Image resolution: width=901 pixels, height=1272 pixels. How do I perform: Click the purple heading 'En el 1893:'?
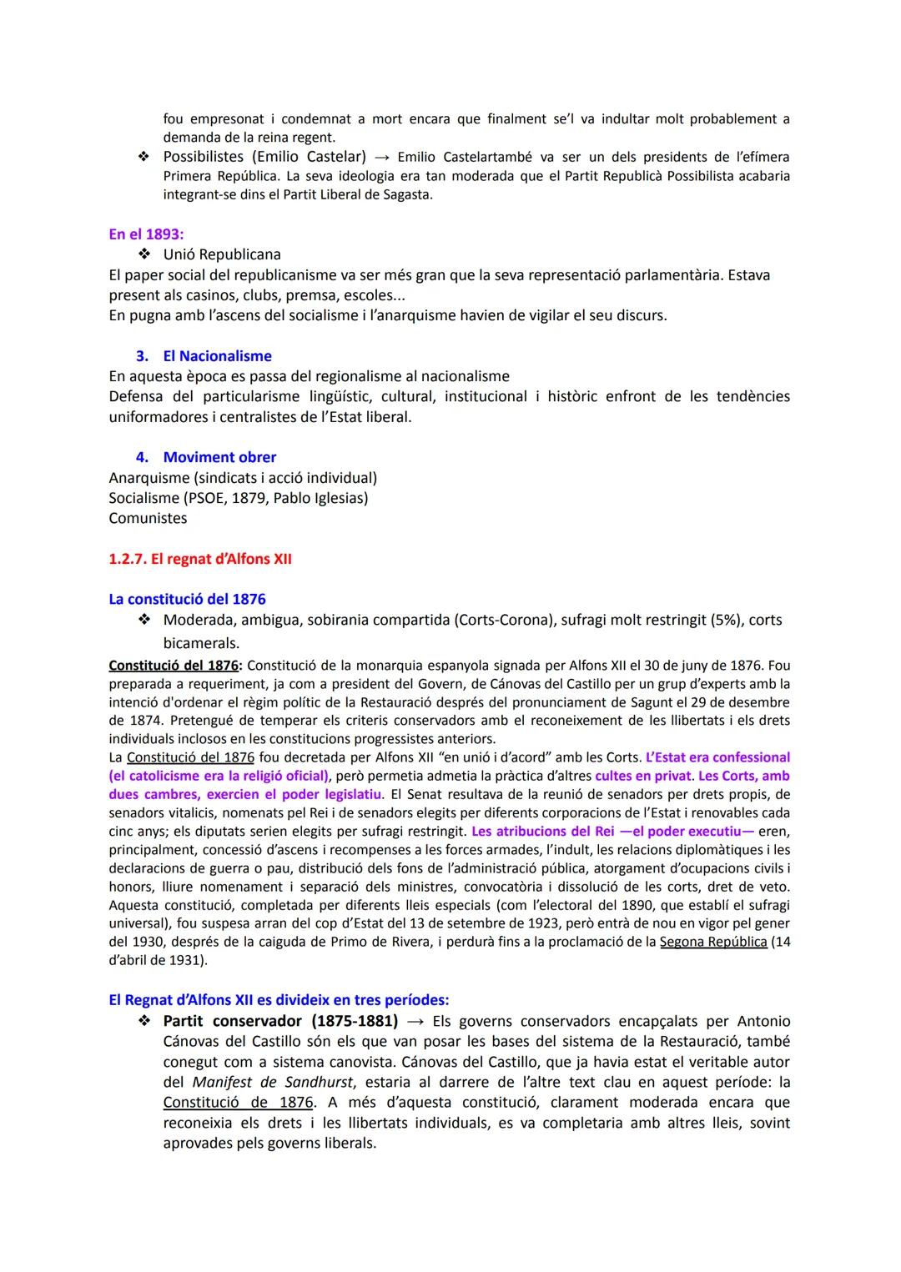point(146,234)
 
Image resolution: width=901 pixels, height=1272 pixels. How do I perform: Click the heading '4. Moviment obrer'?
point(206,457)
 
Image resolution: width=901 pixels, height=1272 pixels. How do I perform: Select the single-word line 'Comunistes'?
point(148,518)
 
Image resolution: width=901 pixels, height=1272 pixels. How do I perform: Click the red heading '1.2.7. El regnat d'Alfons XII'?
point(200,559)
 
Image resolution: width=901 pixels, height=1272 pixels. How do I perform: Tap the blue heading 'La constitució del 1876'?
point(187,599)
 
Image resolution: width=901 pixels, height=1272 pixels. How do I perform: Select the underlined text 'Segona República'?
point(712,942)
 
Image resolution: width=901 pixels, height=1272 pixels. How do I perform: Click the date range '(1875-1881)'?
point(354,1021)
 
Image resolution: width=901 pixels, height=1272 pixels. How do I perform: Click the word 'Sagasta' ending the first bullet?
point(410,195)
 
